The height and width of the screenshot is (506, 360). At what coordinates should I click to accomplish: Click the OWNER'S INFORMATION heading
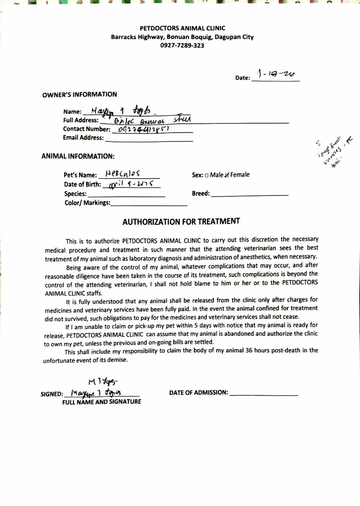[80, 95]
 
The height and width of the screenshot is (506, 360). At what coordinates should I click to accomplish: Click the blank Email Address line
[149, 139]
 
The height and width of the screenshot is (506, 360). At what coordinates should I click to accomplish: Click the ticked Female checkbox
[227, 175]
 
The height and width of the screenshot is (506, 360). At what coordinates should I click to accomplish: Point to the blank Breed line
[250, 193]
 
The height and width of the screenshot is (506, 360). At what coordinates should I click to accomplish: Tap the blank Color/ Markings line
[149, 204]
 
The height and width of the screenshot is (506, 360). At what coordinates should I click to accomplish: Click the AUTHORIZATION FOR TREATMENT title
[181, 221]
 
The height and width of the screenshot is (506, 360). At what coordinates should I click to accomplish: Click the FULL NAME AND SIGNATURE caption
[102, 402]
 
